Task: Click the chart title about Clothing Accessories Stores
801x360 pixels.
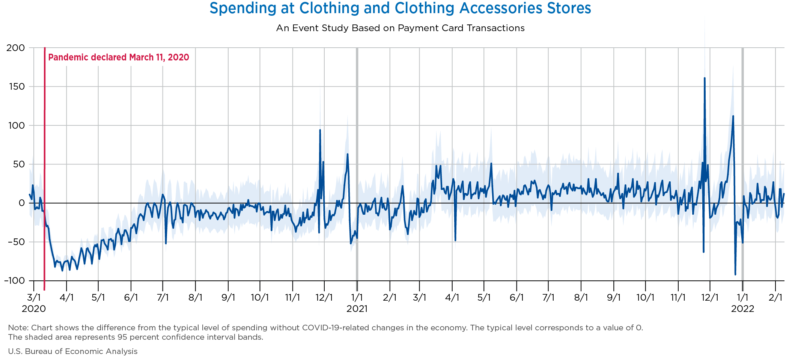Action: point(400,8)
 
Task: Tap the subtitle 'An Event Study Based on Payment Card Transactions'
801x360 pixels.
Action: point(400,28)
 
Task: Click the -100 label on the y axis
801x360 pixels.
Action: point(14,281)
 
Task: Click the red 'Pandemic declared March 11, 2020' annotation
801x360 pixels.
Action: point(119,57)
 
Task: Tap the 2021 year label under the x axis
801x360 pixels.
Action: point(357,309)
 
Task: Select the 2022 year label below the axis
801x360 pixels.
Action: point(742,309)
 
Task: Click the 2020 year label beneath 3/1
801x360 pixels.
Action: point(34,309)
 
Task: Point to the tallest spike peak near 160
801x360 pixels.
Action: point(705,78)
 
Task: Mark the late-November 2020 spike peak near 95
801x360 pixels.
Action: point(320,130)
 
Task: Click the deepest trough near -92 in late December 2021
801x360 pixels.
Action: point(735,274)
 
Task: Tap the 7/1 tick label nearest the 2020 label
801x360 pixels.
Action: point(163,298)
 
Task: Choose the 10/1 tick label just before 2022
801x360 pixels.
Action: point(646,298)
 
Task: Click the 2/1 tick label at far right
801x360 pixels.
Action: point(775,298)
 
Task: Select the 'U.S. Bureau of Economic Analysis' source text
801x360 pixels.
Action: point(73,351)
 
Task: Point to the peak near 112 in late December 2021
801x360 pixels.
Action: point(733,116)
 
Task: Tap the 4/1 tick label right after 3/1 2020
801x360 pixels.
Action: point(66,298)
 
